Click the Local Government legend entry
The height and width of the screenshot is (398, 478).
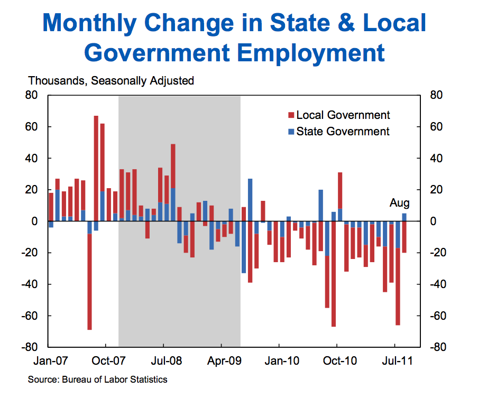click(343, 115)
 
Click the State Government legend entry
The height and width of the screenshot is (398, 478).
click(343, 132)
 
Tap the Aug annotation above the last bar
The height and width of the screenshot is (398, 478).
click(400, 203)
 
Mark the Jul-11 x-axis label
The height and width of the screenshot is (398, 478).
click(396, 361)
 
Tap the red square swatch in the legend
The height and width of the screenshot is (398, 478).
click(291, 115)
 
